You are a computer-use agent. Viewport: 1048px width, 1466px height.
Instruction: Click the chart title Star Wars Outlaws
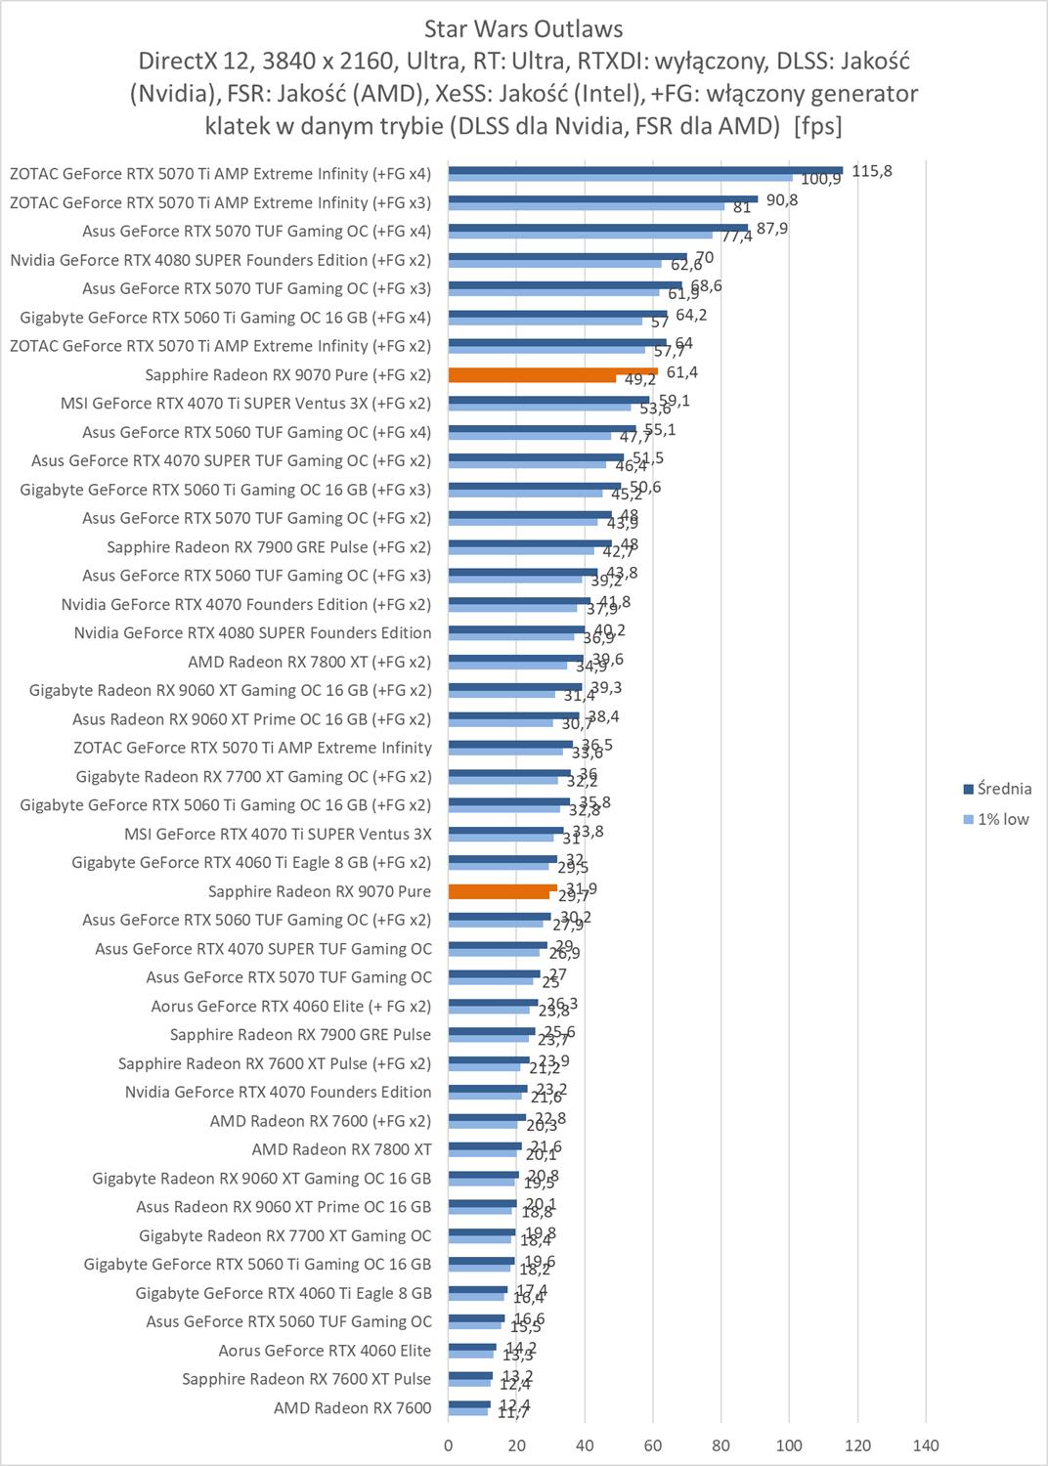click(x=523, y=28)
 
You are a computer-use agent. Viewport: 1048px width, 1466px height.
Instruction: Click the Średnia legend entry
click(x=1004, y=789)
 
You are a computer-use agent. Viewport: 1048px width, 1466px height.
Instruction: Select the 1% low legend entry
click(x=1003, y=819)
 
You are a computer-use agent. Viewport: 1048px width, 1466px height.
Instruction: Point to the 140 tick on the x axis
click(x=926, y=1445)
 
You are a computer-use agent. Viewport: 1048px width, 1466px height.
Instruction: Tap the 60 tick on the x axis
click(x=653, y=1445)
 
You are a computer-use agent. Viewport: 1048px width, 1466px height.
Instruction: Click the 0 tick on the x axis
click(x=449, y=1445)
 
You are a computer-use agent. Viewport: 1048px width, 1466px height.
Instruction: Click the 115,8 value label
click(x=872, y=171)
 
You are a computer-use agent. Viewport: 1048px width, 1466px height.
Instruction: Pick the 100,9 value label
click(x=820, y=180)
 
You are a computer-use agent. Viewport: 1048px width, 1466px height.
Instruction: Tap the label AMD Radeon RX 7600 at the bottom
click(x=352, y=1407)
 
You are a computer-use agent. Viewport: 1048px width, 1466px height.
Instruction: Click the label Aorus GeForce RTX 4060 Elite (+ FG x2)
click(x=290, y=1006)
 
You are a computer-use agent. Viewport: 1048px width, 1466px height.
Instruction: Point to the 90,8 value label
click(x=782, y=200)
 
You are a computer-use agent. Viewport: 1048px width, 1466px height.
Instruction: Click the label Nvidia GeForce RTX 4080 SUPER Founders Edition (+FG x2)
click(x=220, y=260)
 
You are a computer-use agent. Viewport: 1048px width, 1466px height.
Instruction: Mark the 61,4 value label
click(x=681, y=372)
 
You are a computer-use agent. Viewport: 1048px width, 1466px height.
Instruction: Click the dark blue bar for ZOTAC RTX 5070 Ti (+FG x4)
click(x=645, y=170)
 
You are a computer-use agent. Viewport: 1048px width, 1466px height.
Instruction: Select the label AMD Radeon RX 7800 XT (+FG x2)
click(x=309, y=662)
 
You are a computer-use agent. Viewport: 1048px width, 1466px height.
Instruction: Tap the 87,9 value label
click(x=772, y=229)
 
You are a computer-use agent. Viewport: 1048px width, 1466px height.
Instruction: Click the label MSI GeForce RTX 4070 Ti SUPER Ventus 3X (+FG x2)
click(x=245, y=403)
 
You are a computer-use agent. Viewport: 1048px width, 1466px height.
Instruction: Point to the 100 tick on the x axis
click(x=789, y=1445)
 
